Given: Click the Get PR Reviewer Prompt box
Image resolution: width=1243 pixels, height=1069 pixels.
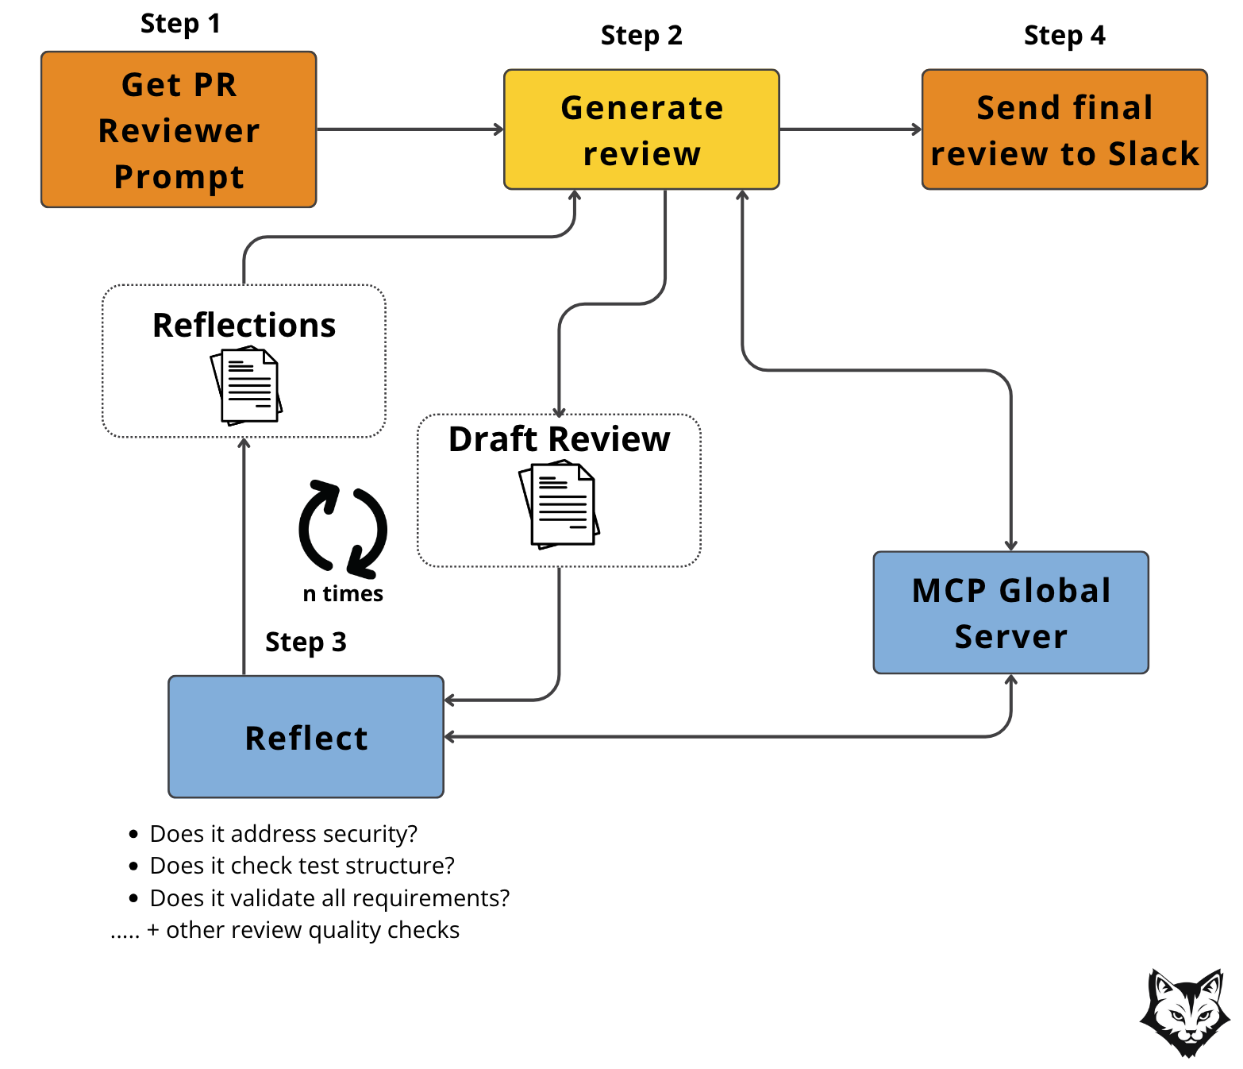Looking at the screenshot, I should pyautogui.click(x=179, y=129).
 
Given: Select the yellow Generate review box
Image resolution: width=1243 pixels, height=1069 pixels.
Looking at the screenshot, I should pyautogui.click(x=641, y=129).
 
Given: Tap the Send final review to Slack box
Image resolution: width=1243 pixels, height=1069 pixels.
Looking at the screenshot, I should pyautogui.click(x=1064, y=129).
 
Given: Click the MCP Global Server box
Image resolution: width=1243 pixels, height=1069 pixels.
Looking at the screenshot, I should pyautogui.click(x=1010, y=612).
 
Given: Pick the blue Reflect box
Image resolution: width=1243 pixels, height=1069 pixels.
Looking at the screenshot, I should pyautogui.click(x=306, y=737).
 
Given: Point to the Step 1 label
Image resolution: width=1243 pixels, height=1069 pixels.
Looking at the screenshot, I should pyautogui.click(x=180, y=24).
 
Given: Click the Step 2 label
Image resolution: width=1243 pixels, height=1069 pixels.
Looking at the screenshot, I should pyautogui.click(x=641, y=36).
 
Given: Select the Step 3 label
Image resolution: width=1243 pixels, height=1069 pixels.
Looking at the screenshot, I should pyautogui.click(x=306, y=642).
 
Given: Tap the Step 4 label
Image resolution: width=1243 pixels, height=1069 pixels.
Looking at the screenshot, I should pyautogui.click(x=1064, y=36).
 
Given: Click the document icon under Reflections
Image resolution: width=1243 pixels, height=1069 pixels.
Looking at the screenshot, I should pyautogui.click(x=247, y=386).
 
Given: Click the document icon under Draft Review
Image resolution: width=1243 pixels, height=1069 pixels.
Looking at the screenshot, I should pyautogui.click(x=560, y=504).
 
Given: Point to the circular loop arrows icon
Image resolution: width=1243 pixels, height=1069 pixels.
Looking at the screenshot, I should pyautogui.click(x=343, y=529).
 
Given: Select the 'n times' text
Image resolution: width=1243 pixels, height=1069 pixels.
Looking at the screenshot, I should pyautogui.click(x=343, y=594).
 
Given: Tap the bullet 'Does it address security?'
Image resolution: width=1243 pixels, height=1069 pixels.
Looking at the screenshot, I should pyautogui.click(x=283, y=834).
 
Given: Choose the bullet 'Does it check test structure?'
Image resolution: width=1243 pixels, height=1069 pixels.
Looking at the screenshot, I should pyautogui.click(x=302, y=866).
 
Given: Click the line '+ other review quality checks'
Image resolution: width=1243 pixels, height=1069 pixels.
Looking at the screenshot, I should pyautogui.click(x=312, y=930).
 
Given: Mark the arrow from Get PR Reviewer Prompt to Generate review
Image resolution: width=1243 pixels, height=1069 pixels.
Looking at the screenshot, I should pyautogui.click(x=410, y=129).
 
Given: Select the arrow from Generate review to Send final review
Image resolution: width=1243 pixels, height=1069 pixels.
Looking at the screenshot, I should pyautogui.click(x=850, y=129).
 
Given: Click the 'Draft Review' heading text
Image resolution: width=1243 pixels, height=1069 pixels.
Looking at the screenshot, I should pyautogui.click(x=560, y=439).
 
